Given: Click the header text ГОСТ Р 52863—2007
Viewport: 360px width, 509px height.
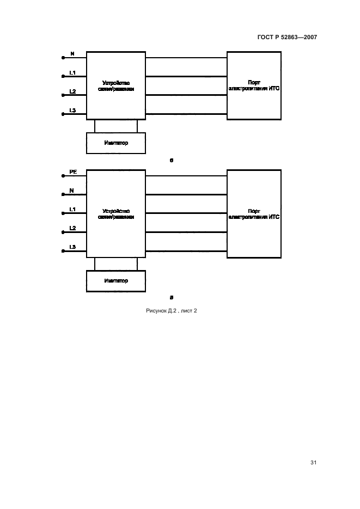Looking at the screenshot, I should pos(286,37).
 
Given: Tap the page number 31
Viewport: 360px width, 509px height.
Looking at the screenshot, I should pos(313,463).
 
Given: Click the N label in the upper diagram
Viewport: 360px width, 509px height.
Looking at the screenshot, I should pos(72,54).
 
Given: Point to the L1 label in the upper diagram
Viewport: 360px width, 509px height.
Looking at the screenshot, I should pos(72,72).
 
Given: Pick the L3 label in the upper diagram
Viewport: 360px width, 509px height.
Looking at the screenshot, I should pos(72,111).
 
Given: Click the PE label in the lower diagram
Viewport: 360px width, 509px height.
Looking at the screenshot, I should pos(73,172).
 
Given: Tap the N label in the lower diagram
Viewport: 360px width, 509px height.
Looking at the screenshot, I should pos(72,191).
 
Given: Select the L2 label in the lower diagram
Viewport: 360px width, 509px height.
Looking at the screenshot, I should pos(72,228).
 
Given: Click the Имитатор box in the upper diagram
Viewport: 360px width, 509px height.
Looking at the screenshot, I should pos(116,143).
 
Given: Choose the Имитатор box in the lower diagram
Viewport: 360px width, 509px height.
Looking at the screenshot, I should pos(116,281).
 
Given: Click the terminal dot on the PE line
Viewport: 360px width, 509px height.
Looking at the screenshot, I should pos(63,176).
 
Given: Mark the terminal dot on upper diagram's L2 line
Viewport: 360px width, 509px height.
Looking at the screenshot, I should pos(63,95).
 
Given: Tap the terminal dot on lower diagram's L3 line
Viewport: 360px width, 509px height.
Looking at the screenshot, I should pos(63,251).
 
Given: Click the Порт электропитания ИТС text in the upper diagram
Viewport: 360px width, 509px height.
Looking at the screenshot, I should pos(254,85).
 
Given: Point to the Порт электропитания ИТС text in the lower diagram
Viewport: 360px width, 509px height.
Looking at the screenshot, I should pos(254,214).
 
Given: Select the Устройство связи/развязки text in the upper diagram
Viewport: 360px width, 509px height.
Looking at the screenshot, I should pos(116,85).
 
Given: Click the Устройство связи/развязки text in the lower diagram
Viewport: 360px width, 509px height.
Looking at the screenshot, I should pos(116,214).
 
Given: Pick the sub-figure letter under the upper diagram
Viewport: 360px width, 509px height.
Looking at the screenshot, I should pos(172,160).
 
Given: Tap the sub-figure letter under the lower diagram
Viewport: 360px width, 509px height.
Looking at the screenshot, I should pos(172,297).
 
